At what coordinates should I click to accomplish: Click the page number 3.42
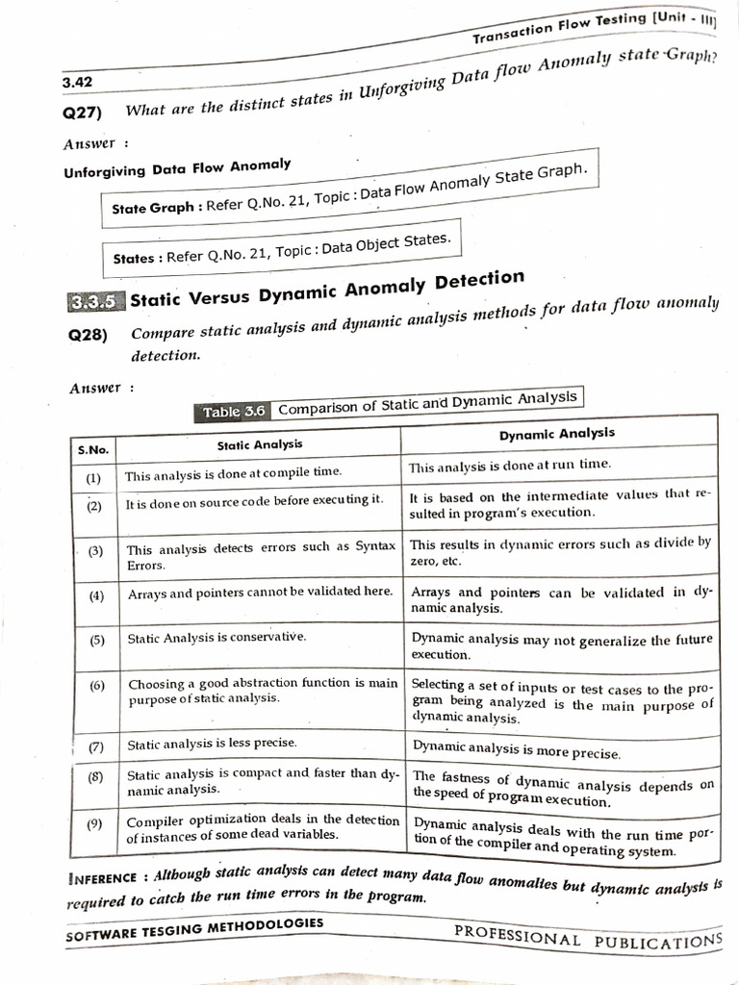(x=78, y=83)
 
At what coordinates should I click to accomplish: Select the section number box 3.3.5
(x=94, y=301)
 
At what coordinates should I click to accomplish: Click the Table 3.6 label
(x=234, y=412)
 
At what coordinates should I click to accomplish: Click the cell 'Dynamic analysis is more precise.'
(x=516, y=749)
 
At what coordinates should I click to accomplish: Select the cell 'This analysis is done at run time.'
(x=509, y=466)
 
